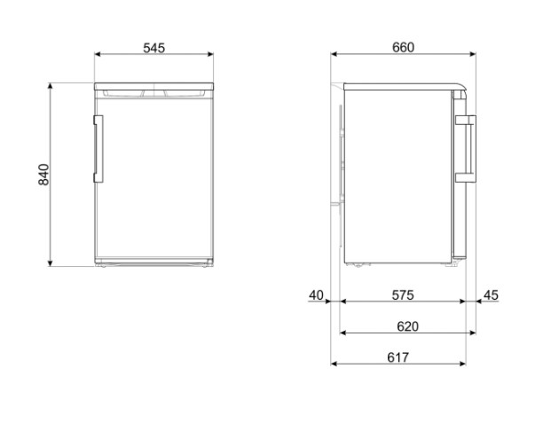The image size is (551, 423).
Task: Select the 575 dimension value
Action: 403,294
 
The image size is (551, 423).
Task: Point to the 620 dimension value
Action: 407,326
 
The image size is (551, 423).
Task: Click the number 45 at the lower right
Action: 492,294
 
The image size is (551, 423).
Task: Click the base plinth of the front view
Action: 154,262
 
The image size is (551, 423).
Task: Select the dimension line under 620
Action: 407,333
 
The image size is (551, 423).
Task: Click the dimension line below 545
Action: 154,55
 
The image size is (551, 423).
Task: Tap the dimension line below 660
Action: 403,55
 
